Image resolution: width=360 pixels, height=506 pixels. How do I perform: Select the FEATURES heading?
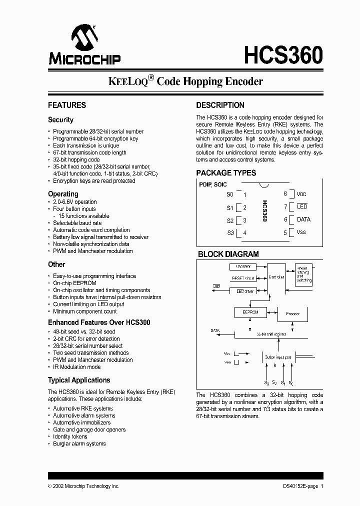click(x=67, y=105)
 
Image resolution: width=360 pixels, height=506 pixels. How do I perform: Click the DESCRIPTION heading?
click(x=220, y=105)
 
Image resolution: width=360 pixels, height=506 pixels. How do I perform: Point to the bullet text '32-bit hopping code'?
click(x=76, y=159)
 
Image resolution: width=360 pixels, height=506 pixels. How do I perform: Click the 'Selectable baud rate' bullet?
click(x=77, y=223)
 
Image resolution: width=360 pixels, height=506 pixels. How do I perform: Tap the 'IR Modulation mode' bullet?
click(x=76, y=366)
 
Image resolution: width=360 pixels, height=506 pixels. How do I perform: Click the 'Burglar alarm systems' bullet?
click(x=79, y=443)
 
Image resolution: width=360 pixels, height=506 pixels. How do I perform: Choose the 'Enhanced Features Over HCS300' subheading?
click(x=99, y=322)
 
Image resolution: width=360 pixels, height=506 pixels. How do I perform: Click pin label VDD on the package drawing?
click(x=301, y=194)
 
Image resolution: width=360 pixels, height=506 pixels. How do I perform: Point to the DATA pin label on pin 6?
click(x=303, y=219)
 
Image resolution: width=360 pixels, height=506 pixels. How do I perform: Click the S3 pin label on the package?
click(x=230, y=232)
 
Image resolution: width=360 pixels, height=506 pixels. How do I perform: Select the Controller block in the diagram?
click(x=276, y=277)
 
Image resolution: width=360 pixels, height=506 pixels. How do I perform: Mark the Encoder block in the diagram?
click(x=292, y=314)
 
